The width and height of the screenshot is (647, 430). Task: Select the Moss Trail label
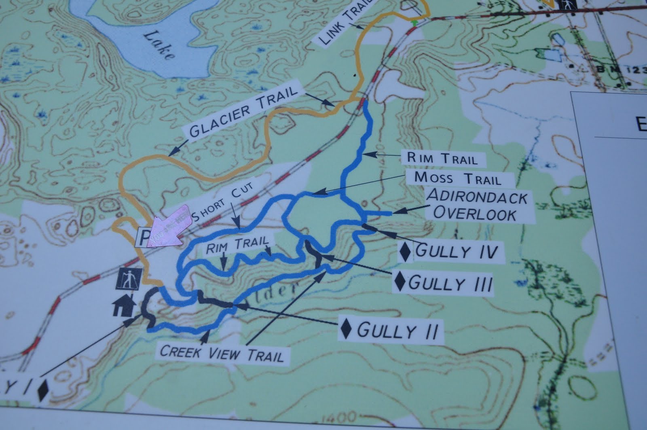[458, 178]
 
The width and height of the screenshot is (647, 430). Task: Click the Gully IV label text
[456, 251]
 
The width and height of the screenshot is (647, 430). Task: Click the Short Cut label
[222, 203]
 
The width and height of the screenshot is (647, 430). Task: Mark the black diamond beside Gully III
[400, 282]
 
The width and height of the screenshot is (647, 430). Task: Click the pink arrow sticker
[168, 227]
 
